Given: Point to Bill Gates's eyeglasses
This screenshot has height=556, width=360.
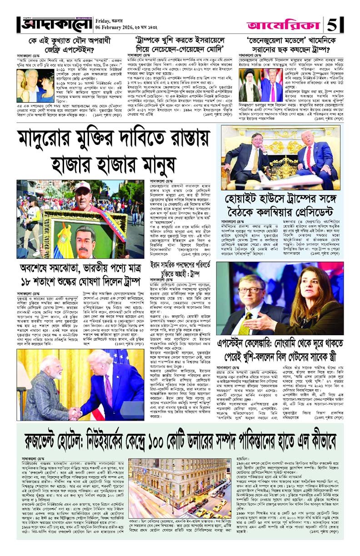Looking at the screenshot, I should pos(251,290).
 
